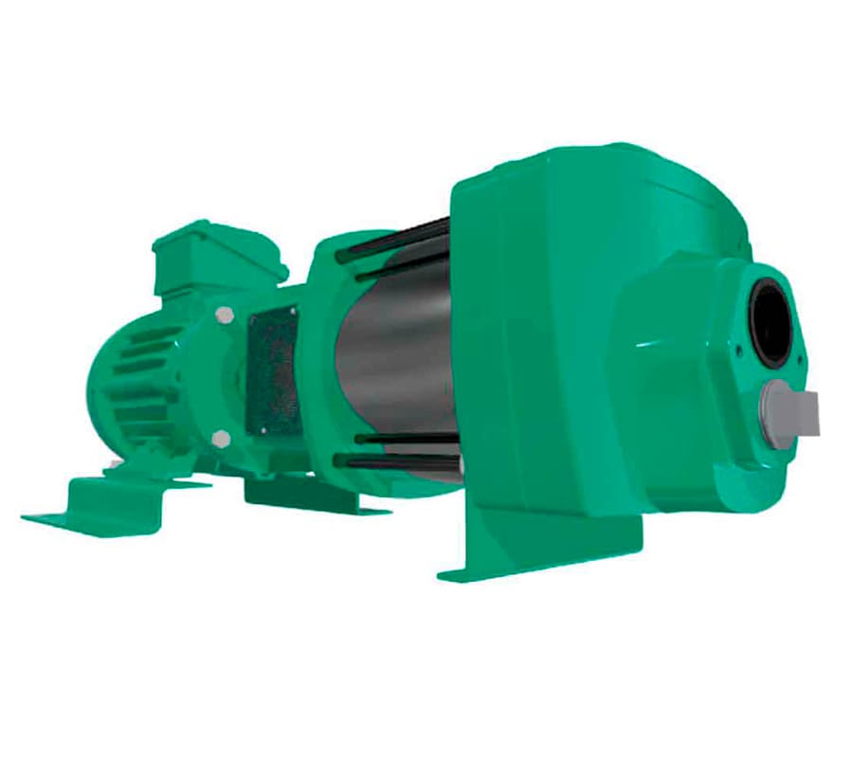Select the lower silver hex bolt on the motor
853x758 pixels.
coord(221,438)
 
